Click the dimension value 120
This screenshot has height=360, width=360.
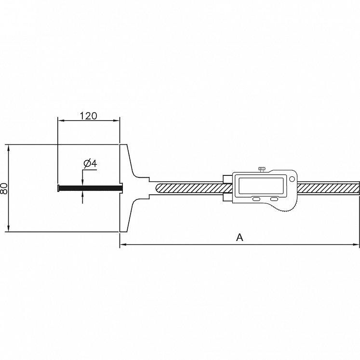(89, 116)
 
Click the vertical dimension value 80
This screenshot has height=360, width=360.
(4, 188)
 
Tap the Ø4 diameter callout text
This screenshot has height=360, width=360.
(91, 163)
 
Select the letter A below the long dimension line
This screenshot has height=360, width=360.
(240, 238)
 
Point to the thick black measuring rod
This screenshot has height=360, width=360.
(90, 188)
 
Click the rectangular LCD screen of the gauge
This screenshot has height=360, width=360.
(261, 186)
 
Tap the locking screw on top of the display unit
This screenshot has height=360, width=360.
(262, 170)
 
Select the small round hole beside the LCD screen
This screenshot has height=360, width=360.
(292, 179)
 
